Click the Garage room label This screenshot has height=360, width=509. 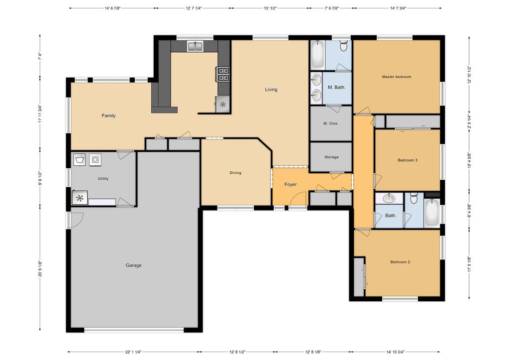(x=133, y=265)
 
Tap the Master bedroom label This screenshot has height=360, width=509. (x=397, y=77)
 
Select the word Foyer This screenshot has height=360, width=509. (x=291, y=185)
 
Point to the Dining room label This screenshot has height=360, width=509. (x=235, y=173)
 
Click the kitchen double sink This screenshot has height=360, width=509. (x=195, y=46)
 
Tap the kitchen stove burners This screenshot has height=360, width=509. (x=223, y=74)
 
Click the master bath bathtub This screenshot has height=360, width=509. (x=317, y=55)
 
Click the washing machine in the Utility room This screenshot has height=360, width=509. (x=80, y=160)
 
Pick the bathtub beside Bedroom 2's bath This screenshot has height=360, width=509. (x=432, y=213)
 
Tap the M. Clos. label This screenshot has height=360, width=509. (x=331, y=124)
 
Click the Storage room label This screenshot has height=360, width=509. (x=331, y=157)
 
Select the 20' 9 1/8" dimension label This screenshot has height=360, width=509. (x=40, y=269)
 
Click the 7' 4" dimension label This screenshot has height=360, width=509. (x=40, y=57)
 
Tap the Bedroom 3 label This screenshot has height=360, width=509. (x=407, y=160)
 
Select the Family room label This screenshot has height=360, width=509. (x=108, y=116)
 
